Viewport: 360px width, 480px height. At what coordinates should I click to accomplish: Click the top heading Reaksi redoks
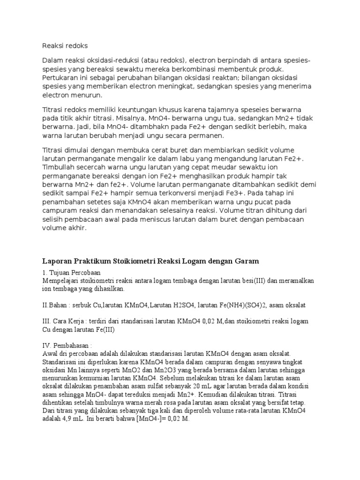65,45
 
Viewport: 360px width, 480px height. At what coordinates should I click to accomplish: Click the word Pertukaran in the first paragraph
60,77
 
